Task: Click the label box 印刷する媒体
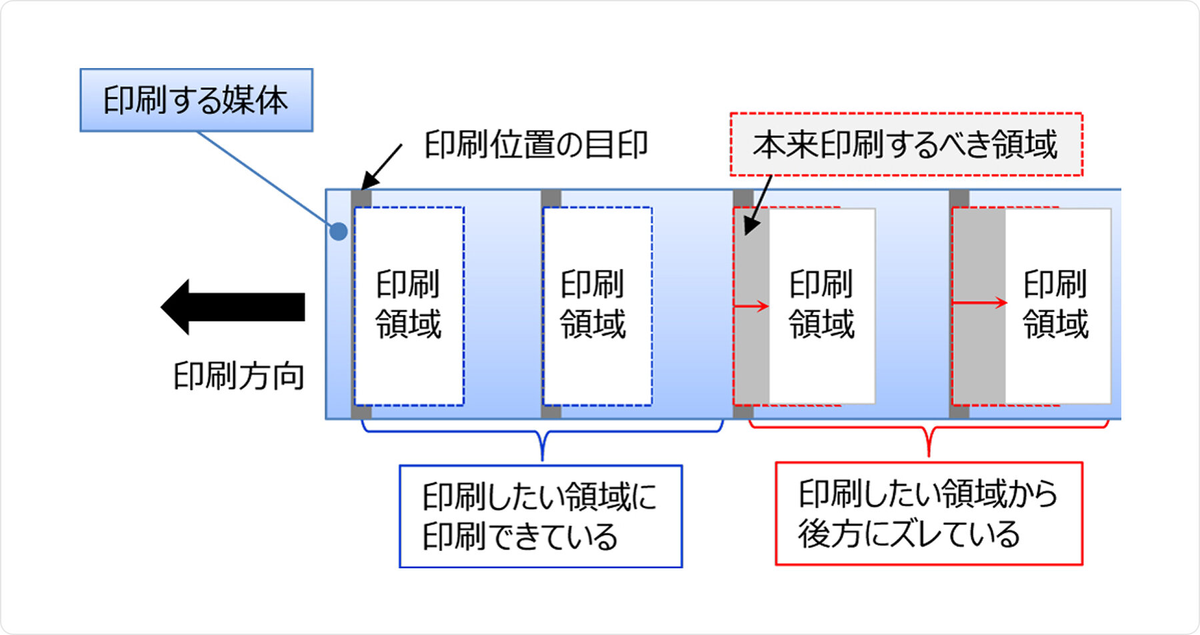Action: pyautogui.click(x=196, y=100)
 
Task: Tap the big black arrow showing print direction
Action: pyautogui.click(x=233, y=307)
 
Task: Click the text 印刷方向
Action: pyautogui.click(x=239, y=376)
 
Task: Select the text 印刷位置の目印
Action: pyautogui.click(x=536, y=145)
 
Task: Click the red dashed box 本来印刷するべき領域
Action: pyautogui.click(x=905, y=144)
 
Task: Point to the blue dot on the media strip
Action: pyautogui.click(x=339, y=231)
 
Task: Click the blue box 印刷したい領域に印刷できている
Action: pyautogui.click(x=540, y=516)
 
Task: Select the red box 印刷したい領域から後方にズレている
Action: pyautogui.click(x=928, y=514)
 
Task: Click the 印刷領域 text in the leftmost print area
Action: pyautogui.click(x=408, y=304)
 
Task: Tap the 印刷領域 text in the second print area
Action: pyautogui.click(x=593, y=304)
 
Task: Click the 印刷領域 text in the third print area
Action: pyautogui.click(x=821, y=304)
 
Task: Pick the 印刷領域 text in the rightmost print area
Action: pyautogui.click(x=1055, y=304)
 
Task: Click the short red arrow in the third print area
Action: pyautogui.click(x=751, y=307)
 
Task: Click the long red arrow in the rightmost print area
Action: pyautogui.click(x=979, y=303)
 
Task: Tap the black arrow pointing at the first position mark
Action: pyautogui.click(x=381, y=167)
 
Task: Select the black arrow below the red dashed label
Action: pyautogui.click(x=757, y=205)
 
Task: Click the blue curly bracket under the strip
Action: pyautogui.click(x=543, y=437)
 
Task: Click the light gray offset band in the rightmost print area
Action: pyautogui.click(x=979, y=347)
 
